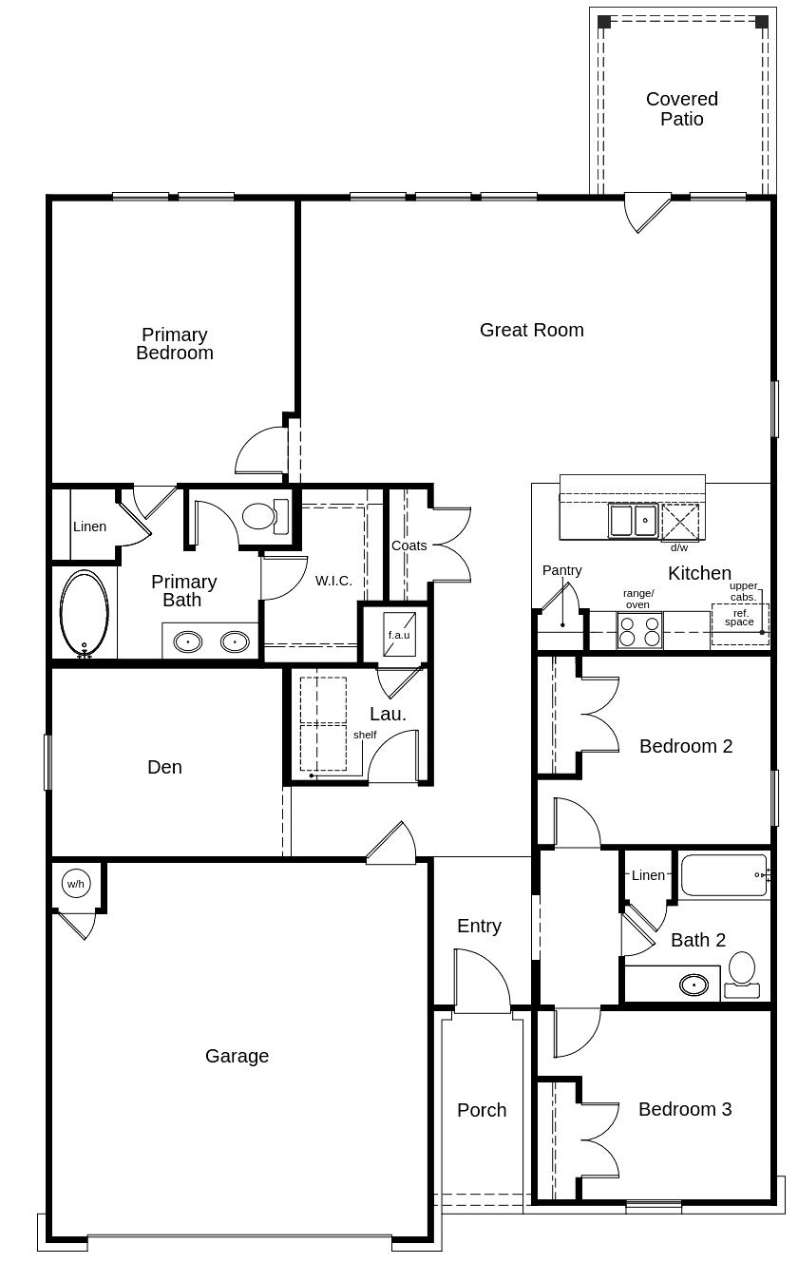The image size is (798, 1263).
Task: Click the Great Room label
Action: tap(531, 330)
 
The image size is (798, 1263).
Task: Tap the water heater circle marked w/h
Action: tap(76, 884)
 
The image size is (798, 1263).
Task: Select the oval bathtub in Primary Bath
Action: tap(85, 614)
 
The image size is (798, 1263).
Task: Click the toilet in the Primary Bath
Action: tap(265, 516)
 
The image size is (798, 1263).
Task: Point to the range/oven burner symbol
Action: tap(639, 630)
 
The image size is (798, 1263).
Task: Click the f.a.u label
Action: tap(399, 635)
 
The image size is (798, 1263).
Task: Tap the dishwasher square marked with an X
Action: tap(679, 522)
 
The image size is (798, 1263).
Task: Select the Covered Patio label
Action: tap(682, 109)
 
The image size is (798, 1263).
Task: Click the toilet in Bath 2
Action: tap(742, 975)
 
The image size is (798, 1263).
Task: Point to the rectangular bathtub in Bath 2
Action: tap(724, 875)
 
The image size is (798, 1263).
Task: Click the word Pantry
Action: tap(561, 570)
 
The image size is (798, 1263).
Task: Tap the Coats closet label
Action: tap(409, 545)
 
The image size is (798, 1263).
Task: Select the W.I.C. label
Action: tap(333, 581)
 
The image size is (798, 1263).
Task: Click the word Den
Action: tap(164, 767)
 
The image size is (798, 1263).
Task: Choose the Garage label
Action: tap(237, 1056)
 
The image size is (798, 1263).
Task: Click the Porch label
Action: tap(482, 1110)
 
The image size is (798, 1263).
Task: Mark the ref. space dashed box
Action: tap(740, 624)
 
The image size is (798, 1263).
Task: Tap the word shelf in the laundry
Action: tap(365, 735)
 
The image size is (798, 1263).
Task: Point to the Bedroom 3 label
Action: tap(685, 1109)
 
